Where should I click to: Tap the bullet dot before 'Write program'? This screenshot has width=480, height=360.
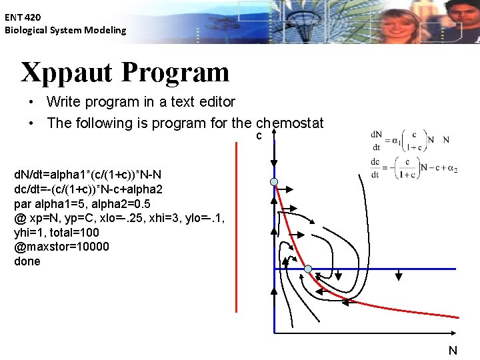(31, 103)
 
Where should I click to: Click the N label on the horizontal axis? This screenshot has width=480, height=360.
(453, 350)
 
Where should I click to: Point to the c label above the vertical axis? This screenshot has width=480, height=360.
(259, 136)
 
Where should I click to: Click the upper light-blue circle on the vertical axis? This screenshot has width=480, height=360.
(274, 182)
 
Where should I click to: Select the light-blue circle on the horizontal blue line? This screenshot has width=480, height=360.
(308, 269)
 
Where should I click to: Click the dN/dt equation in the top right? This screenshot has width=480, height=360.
(409, 139)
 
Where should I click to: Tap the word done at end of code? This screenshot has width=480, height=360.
(27, 261)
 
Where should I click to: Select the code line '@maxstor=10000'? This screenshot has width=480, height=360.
(61, 247)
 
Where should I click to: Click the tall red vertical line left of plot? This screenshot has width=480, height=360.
(236, 227)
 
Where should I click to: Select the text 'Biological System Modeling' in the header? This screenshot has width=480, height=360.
(65, 30)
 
